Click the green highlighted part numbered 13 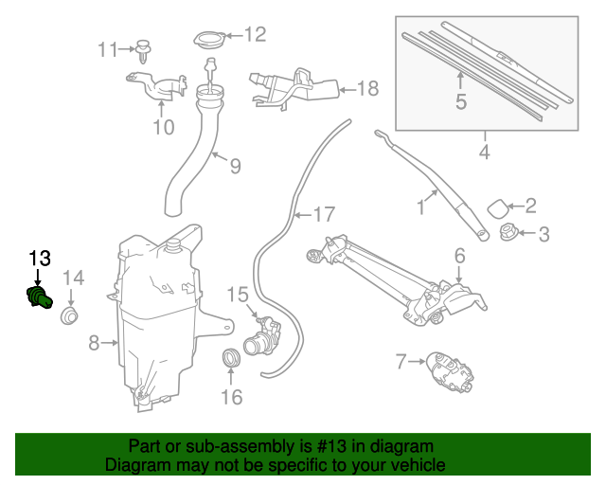(x=37, y=298)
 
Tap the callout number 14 (x=74, y=278)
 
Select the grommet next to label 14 (x=69, y=315)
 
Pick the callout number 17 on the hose (x=324, y=215)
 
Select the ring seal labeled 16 (x=230, y=357)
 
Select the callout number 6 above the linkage (x=459, y=255)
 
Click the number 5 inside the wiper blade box (x=461, y=100)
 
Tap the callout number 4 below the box (x=484, y=152)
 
